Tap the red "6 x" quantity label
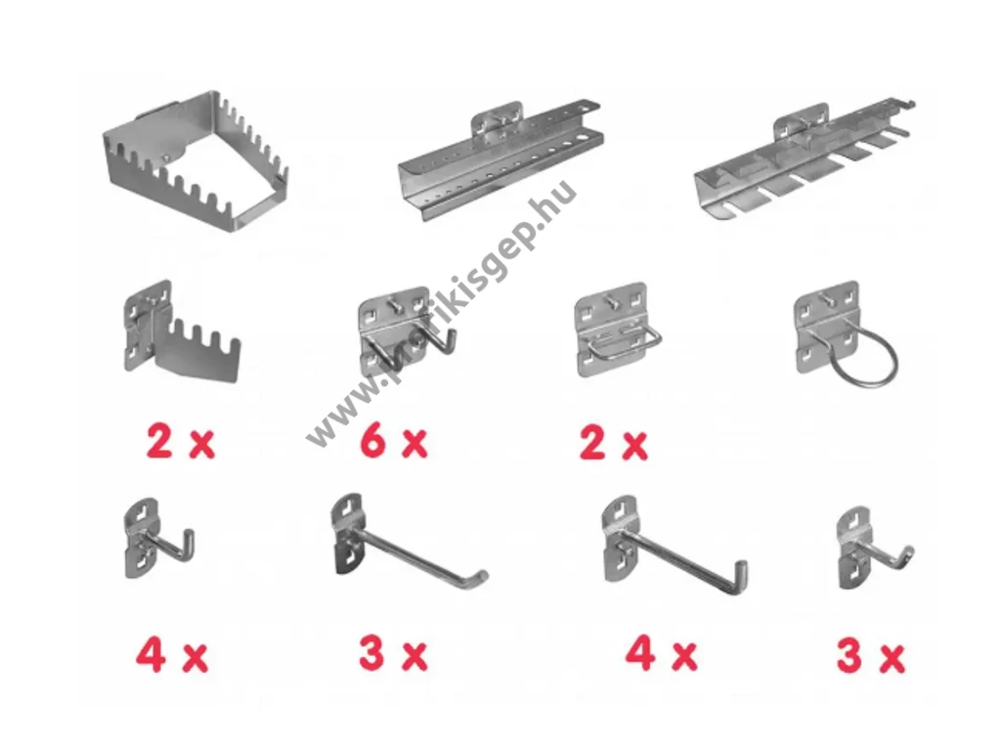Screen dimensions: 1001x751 tap(394, 443)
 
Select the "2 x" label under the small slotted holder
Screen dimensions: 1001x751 tap(181, 443)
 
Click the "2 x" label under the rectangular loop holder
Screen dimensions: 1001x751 tap(614, 444)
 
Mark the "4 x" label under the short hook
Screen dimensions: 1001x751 tap(172, 656)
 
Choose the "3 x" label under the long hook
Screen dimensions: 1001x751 tap(393, 654)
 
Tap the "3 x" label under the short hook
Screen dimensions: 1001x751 tap(871, 657)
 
